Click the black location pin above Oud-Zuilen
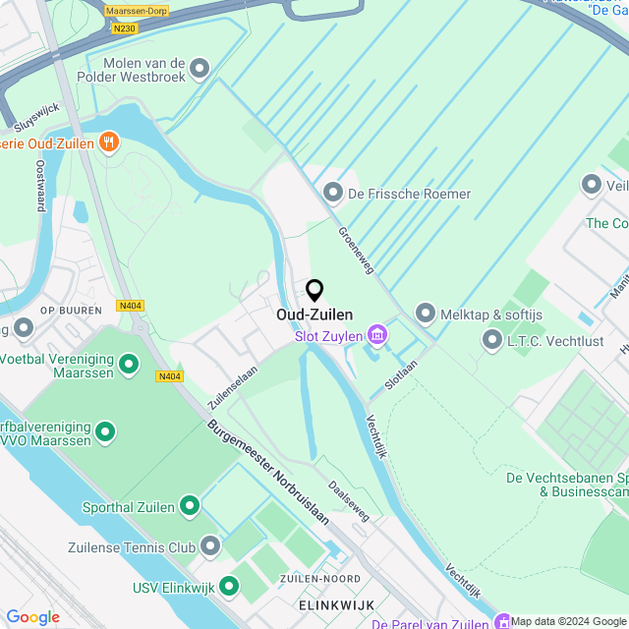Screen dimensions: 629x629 coord(314,291)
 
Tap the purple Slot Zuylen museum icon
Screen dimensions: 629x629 coord(376,336)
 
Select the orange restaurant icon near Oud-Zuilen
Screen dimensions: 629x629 coord(108,143)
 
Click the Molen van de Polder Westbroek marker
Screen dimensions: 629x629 coord(200,68)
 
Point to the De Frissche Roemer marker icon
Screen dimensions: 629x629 coord(333,193)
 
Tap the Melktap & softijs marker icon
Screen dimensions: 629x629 coord(426,314)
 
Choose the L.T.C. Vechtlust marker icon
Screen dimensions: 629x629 coord(492,339)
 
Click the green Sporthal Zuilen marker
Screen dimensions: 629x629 coord(189,507)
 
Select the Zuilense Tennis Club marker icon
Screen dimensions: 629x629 coord(210,546)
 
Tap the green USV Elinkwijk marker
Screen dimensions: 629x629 coord(229,587)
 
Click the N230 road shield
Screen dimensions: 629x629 coord(124,29)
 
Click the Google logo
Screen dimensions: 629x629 coord(32,617)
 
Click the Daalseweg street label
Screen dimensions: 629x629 coord(349,500)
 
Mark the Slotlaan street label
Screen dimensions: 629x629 coord(401,373)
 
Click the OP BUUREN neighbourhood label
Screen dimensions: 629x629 coord(70,311)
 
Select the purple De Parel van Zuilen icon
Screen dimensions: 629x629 coord(502,622)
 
